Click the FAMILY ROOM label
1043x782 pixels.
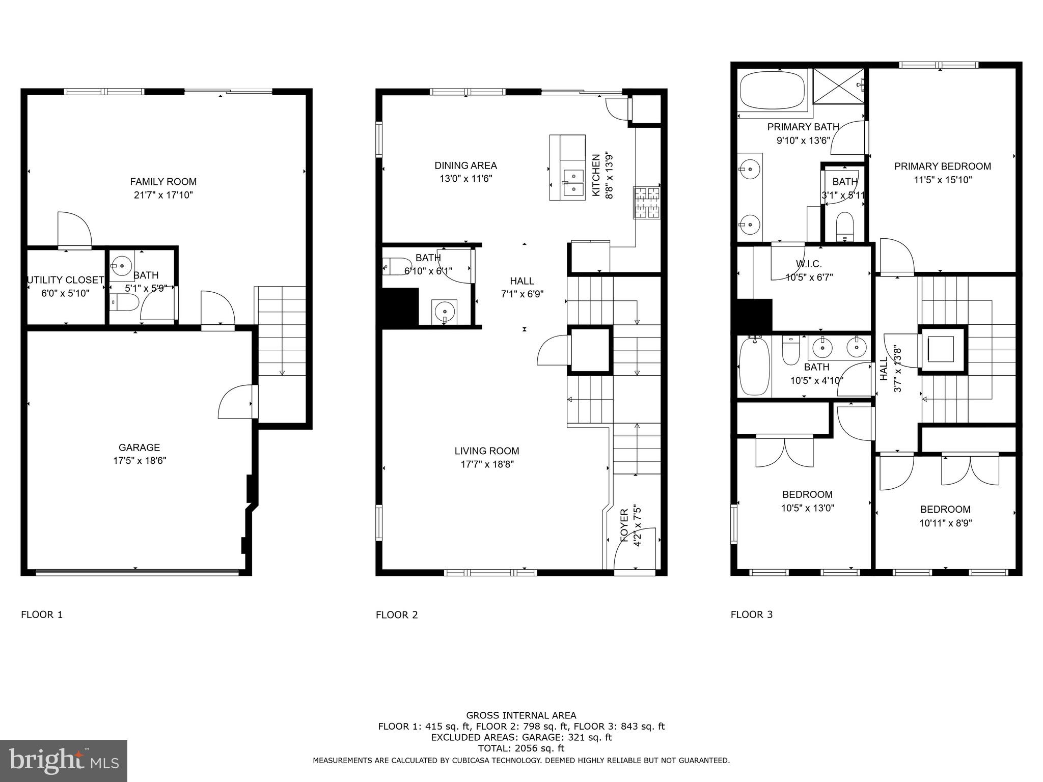(x=163, y=182)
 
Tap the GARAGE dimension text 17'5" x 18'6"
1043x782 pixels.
(x=140, y=461)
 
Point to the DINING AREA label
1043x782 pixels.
(x=465, y=165)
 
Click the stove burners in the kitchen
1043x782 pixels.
(x=646, y=203)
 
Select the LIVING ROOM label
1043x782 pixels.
(x=487, y=451)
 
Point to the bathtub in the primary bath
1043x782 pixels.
(x=772, y=91)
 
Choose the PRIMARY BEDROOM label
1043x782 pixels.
(x=943, y=166)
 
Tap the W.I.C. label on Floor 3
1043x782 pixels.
(x=809, y=264)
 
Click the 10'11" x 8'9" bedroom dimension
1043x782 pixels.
(x=946, y=523)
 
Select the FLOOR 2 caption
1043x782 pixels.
(x=397, y=615)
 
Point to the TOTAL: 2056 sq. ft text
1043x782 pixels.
(x=521, y=748)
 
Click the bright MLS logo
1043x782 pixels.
(x=64, y=761)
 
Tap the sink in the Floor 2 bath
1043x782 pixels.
(x=445, y=311)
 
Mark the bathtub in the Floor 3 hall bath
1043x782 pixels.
(x=754, y=367)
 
